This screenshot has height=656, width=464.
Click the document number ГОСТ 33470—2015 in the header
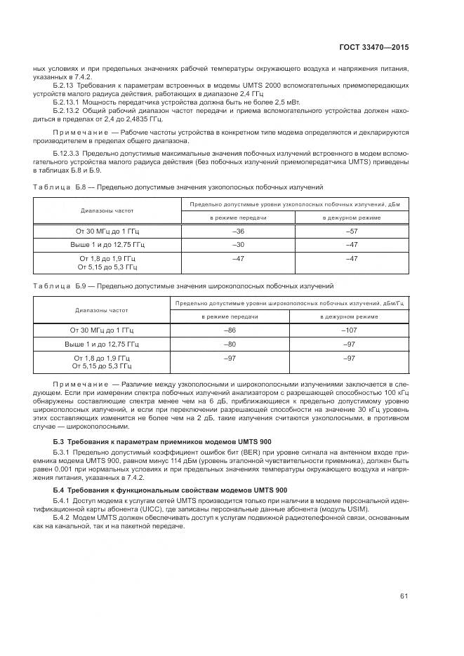[375, 48]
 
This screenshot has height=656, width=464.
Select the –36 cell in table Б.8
[238, 231]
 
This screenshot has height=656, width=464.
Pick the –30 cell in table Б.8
[238, 244]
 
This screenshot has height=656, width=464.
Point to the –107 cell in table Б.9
[349, 330]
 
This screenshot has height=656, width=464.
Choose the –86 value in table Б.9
[230, 330]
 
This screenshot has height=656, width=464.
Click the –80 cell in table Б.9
[230, 344]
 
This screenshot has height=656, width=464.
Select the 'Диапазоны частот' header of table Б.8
[107, 210]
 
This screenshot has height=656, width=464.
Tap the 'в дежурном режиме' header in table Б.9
[349, 316]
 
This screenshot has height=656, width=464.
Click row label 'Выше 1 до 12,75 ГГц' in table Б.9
[102, 344]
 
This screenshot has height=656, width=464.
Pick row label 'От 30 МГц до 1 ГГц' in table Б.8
[107, 231]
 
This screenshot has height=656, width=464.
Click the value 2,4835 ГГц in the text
[168, 119]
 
